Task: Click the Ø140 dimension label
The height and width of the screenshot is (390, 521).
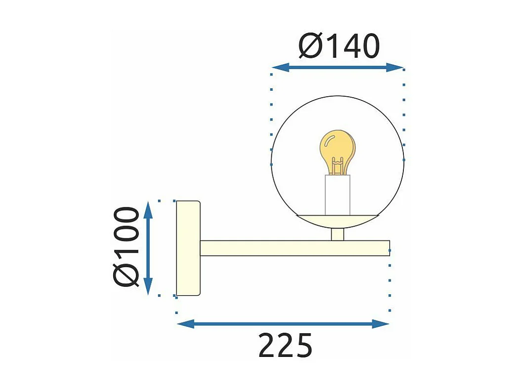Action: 339,46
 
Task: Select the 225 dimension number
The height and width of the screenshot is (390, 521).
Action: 285,346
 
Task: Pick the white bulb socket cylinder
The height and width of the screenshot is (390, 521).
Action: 337,195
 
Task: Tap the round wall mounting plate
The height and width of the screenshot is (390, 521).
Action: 188,248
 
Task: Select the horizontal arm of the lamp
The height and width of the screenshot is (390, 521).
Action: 295,248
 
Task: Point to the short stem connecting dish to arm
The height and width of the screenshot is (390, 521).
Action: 337,234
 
